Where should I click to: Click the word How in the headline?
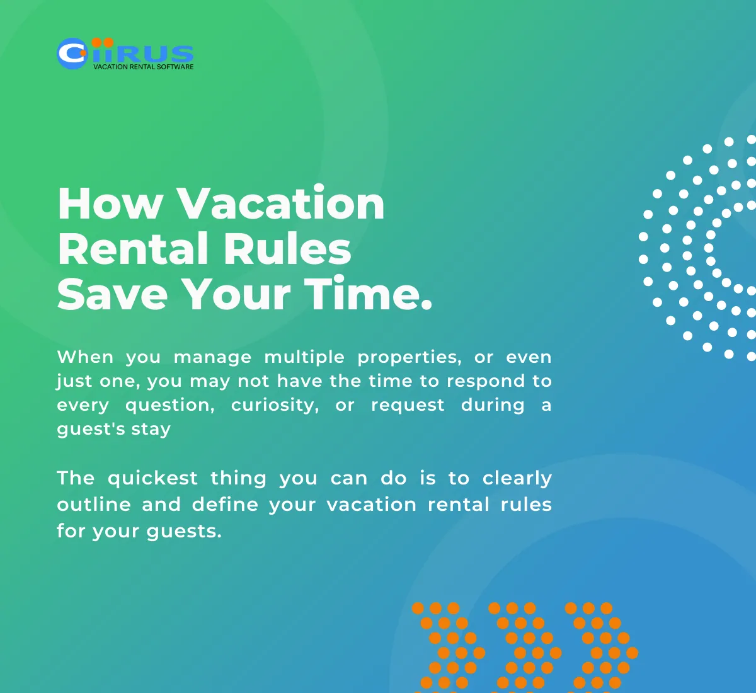point(110,204)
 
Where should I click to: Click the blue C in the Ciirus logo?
point(72,54)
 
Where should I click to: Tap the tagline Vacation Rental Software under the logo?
point(143,67)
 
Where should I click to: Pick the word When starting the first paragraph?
point(85,357)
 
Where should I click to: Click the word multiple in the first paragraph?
point(304,357)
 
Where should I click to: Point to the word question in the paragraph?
point(170,405)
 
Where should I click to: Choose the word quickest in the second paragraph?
point(152,478)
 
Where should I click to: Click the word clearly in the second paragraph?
point(517,479)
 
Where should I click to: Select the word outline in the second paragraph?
point(94,505)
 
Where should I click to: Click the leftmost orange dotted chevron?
point(449,646)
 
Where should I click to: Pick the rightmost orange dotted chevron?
point(602,646)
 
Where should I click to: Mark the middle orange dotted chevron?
point(525,646)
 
